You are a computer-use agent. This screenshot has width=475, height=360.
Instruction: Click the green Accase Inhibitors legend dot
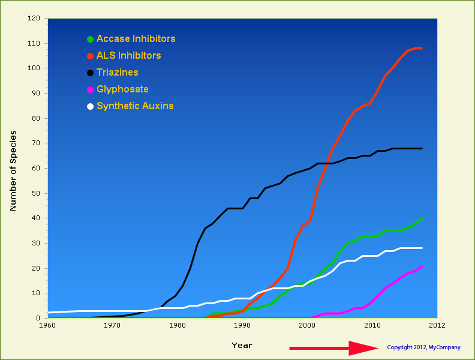(x=90, y=39)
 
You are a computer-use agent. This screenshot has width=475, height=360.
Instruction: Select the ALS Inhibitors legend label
(x=128, y=55)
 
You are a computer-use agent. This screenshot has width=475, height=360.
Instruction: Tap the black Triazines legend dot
(x=90, y=73)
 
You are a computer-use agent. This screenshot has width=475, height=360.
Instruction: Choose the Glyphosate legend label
(x=122, y=89)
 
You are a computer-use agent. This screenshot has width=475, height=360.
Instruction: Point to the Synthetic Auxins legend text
(x=135, y=106)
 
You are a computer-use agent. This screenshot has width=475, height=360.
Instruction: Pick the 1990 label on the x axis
(x=242, y=325)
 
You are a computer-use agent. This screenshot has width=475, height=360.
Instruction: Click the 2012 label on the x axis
(x=437, y=325)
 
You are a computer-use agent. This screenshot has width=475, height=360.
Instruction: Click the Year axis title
(x=242, y=345)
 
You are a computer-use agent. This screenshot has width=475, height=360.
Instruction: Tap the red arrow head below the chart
(x=363, y=348)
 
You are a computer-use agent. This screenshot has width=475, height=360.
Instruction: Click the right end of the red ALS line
(x=422, y=48)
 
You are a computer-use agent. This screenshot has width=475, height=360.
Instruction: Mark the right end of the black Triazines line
(x=422, y=148)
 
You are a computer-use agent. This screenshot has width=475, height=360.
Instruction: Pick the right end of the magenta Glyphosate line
(x=422, y=266)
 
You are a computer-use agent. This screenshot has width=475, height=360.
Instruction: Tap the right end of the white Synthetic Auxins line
(x=422, y=248)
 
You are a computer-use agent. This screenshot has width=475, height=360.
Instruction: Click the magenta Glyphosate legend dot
(x=90, y=89)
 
